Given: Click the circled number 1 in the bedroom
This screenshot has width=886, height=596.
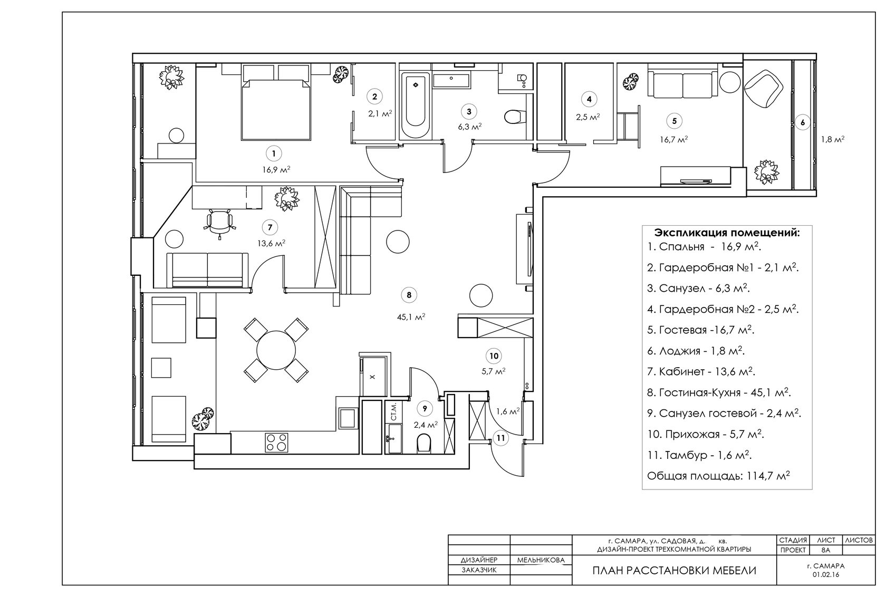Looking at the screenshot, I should [273, 153].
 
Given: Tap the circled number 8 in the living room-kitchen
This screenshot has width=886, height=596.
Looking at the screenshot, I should [409, 295].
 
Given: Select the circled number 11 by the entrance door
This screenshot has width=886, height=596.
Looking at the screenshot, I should [500, 437].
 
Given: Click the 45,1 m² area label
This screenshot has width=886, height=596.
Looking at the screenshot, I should [411, 317].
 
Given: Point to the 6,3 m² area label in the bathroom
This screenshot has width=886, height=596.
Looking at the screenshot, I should [469, 127].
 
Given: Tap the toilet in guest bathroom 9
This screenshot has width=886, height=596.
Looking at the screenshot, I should [423, 444].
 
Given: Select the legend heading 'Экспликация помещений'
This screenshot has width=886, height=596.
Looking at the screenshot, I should [726, 233].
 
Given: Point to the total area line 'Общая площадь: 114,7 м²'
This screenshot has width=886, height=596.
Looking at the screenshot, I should [718, 476].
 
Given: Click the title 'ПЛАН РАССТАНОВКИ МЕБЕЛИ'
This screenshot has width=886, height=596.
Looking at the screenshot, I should [674, 570].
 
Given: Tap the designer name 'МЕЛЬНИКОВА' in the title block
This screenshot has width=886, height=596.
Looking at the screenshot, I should [541, 560].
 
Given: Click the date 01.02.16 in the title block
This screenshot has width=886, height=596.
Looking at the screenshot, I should [825, 574].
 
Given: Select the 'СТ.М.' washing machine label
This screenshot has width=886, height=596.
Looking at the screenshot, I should [393, 411].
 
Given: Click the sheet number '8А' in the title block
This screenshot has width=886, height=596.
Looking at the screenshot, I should [825, 550].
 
